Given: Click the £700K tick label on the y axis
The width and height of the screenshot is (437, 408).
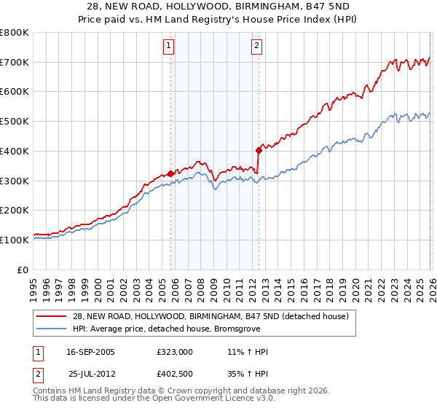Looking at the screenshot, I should tap(15, 62).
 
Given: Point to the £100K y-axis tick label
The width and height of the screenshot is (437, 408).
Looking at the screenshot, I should tap(15, 240).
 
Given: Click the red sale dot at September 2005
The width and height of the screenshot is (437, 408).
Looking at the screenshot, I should tap(170, 173).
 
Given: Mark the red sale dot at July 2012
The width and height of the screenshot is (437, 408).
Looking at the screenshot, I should tap(259, 150).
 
